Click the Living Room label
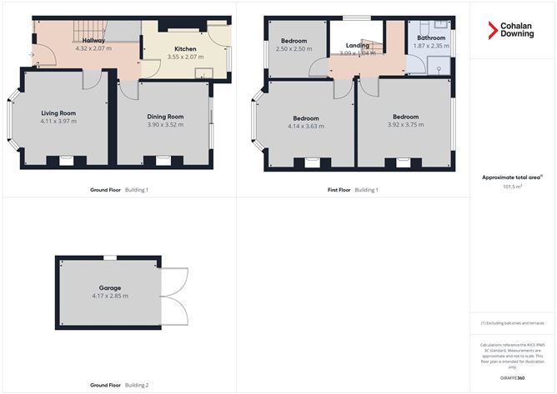click(x=58, y=112)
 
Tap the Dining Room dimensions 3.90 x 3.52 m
click(x=164, y=125)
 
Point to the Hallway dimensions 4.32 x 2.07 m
click(x=93, y=48)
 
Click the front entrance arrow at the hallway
click(x=32, y=56)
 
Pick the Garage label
click(x=110, y=287)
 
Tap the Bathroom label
click(x=431, y=38)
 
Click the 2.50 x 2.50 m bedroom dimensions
click(x=294, y=48)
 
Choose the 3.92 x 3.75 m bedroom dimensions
click(x=405, y=126)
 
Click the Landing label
click(x=358, y=45)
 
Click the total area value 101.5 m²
click(x=513, y=187)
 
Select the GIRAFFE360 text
click(x=513, y=378)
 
